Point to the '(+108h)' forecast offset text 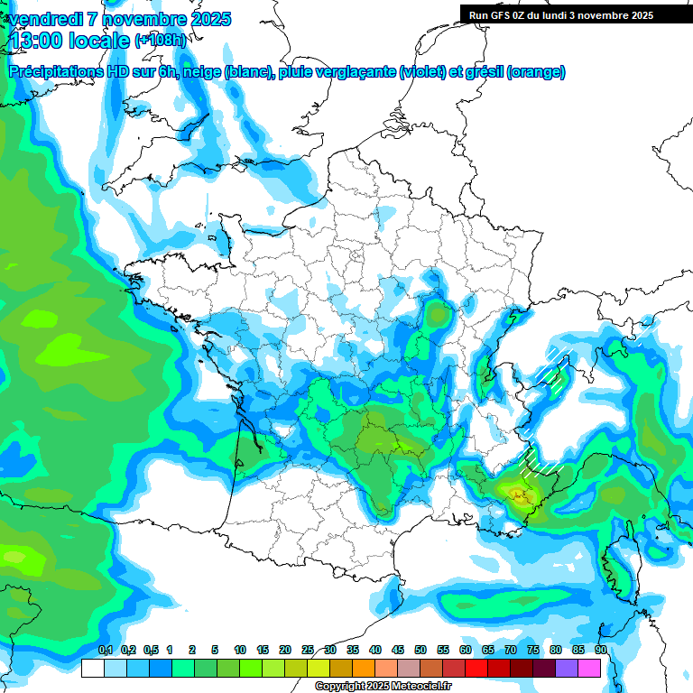pyautogui.click(x=160, y=41)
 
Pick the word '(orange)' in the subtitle pyautogui.click(x=536, y=72)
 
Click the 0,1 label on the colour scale pyautogui.click(x=105, y=651)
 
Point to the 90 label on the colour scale pyautogui.click(x=600, y=651)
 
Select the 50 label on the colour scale pyautogui.click(x=420, y=651)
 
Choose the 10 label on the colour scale pyautogui.click(x=240, y=651)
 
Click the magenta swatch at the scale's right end pyautogui.click(x=589, y=669)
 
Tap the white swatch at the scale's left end pyautogui.click(x=92, y=669)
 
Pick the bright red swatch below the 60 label pyautogui.click(x=476, y=669)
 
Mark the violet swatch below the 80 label pyautogui.click(x=567, y=669)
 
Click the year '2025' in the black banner pyautogui.click(x=641, y=15)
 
